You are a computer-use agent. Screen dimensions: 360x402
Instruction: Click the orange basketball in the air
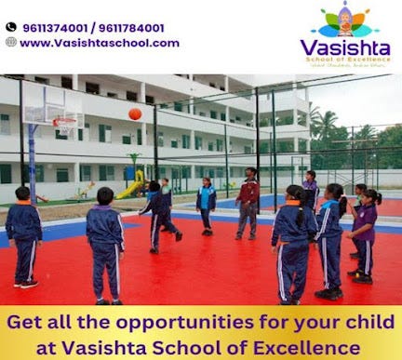coord(135,113)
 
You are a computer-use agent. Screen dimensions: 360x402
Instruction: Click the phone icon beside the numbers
coord(10,28)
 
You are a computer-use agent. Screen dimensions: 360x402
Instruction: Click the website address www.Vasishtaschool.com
coord(99,43)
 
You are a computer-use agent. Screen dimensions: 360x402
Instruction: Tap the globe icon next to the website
coord(10,42)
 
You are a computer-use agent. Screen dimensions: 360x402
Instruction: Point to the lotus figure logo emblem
coord(345,19)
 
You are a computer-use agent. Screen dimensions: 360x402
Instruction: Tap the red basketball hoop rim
coord(63,121)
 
